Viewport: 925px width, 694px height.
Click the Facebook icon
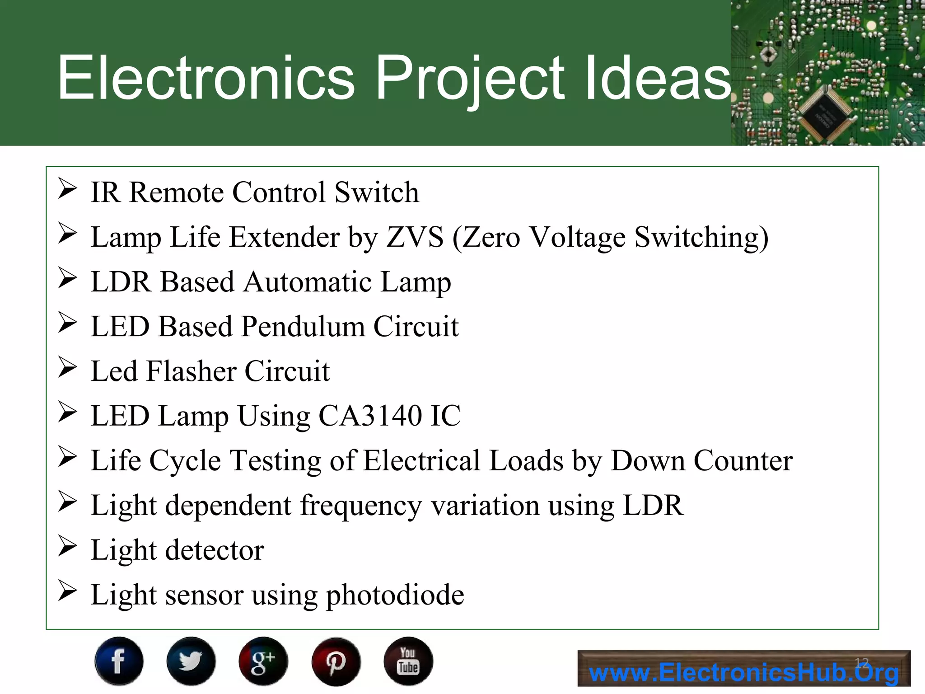119,661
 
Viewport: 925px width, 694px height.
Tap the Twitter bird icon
191,661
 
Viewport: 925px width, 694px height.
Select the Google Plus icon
263,661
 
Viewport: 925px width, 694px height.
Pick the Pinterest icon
336,661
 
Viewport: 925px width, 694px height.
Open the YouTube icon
408,661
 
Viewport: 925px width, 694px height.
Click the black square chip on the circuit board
826,114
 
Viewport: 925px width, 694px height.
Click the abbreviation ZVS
415,237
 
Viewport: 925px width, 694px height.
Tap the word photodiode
395,595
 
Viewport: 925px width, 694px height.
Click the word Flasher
192,371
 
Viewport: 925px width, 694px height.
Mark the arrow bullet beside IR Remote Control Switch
68,189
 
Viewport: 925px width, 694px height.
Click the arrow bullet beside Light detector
68,546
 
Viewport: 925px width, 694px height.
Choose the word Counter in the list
743,461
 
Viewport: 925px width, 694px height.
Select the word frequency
361,506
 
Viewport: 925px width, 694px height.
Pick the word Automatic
308,282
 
